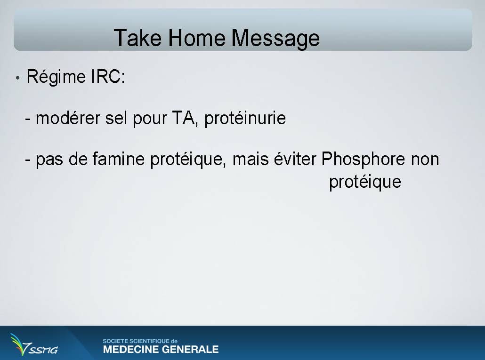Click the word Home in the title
197,38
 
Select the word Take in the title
137,38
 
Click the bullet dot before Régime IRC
17,78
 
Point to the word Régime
56,77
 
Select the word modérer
68,118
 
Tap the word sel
116,118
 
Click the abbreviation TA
184,118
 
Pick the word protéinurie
245,119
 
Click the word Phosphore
363,160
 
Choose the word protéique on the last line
365,182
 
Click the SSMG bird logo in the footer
33,344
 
